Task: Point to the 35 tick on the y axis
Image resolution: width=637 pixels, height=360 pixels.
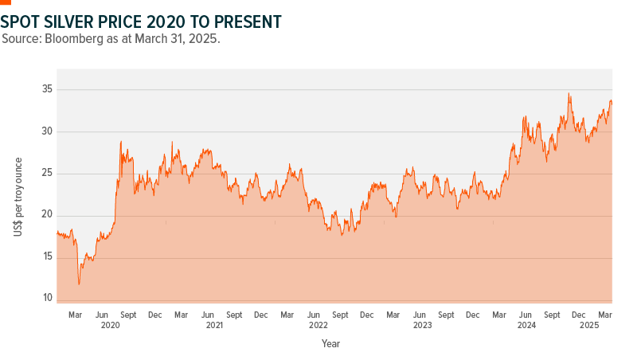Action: [x=47, y=89]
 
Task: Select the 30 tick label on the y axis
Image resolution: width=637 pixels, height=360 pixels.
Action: [x=47, y=131]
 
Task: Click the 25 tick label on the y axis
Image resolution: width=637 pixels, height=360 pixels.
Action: [x=47, y=173]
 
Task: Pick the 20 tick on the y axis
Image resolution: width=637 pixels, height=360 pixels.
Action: [x=47, y=215]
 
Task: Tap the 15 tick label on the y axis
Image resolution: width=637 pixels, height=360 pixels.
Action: [x=47, y=256]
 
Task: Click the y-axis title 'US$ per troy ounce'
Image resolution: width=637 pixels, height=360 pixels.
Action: [x=18, y=193]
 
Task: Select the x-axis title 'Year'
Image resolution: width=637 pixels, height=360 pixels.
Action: [x=330, y=344]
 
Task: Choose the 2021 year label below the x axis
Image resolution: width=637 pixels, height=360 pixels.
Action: [x=214, y=325]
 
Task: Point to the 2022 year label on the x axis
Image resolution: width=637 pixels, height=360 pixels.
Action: [x=318, y=325]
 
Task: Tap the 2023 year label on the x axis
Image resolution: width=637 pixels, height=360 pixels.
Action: [x=422, y=325]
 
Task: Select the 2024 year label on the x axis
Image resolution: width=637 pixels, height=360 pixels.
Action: [x=526, y=325]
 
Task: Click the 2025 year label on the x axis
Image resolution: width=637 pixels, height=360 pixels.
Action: [x=589, y=325]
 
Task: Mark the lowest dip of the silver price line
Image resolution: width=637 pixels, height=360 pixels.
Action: [x=79, y=284]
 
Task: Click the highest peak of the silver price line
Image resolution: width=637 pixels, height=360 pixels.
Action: [x=569, y=93]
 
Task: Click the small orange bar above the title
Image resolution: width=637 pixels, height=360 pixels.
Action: [x=6, y=2]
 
